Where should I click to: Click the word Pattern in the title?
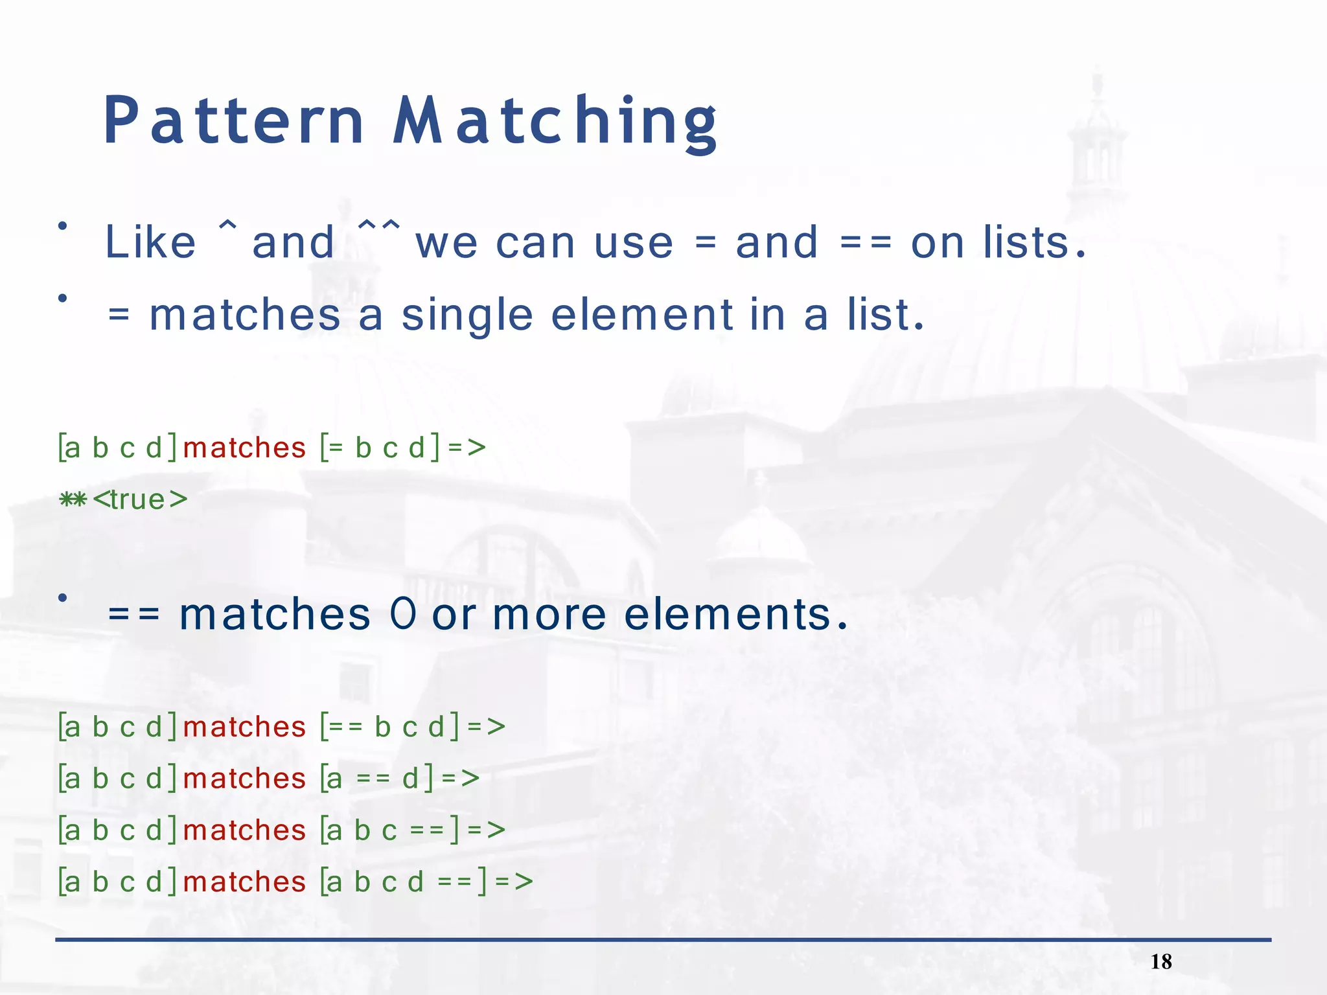tap(234, 121)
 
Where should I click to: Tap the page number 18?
tap(1161, 962)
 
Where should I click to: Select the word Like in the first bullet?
tap(150, 243)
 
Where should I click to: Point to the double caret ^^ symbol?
tap(379, 228)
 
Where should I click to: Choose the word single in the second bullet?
tap(467, 316)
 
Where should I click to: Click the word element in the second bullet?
tap(641, 315)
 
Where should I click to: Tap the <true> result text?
tap(140, 499)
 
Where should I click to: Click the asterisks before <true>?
tap(73, 499)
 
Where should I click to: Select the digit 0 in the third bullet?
tap(403, 613)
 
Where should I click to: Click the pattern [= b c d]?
tap(380, 448)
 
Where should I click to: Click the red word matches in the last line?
tap(244, 882)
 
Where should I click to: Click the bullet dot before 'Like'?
tap(62, 226)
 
